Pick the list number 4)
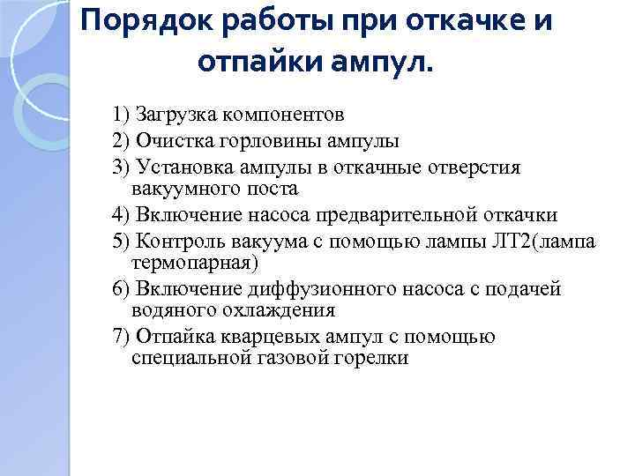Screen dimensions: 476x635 point(121,214)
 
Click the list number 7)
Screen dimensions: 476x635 point(121,336)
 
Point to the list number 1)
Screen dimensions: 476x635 point(121,115)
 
